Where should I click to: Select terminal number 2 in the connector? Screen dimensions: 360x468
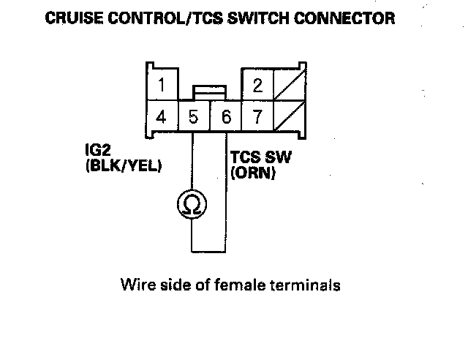(257, 83)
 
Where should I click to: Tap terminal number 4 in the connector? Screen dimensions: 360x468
(162, 116)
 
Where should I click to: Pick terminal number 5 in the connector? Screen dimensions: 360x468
(194, 116)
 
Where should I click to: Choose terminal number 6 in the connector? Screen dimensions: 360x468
(225, 116)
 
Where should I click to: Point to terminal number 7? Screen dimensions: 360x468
(257, 116)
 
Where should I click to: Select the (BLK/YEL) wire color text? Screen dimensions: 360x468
(123, 166)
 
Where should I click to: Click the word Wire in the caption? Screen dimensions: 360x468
(135, 285)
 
